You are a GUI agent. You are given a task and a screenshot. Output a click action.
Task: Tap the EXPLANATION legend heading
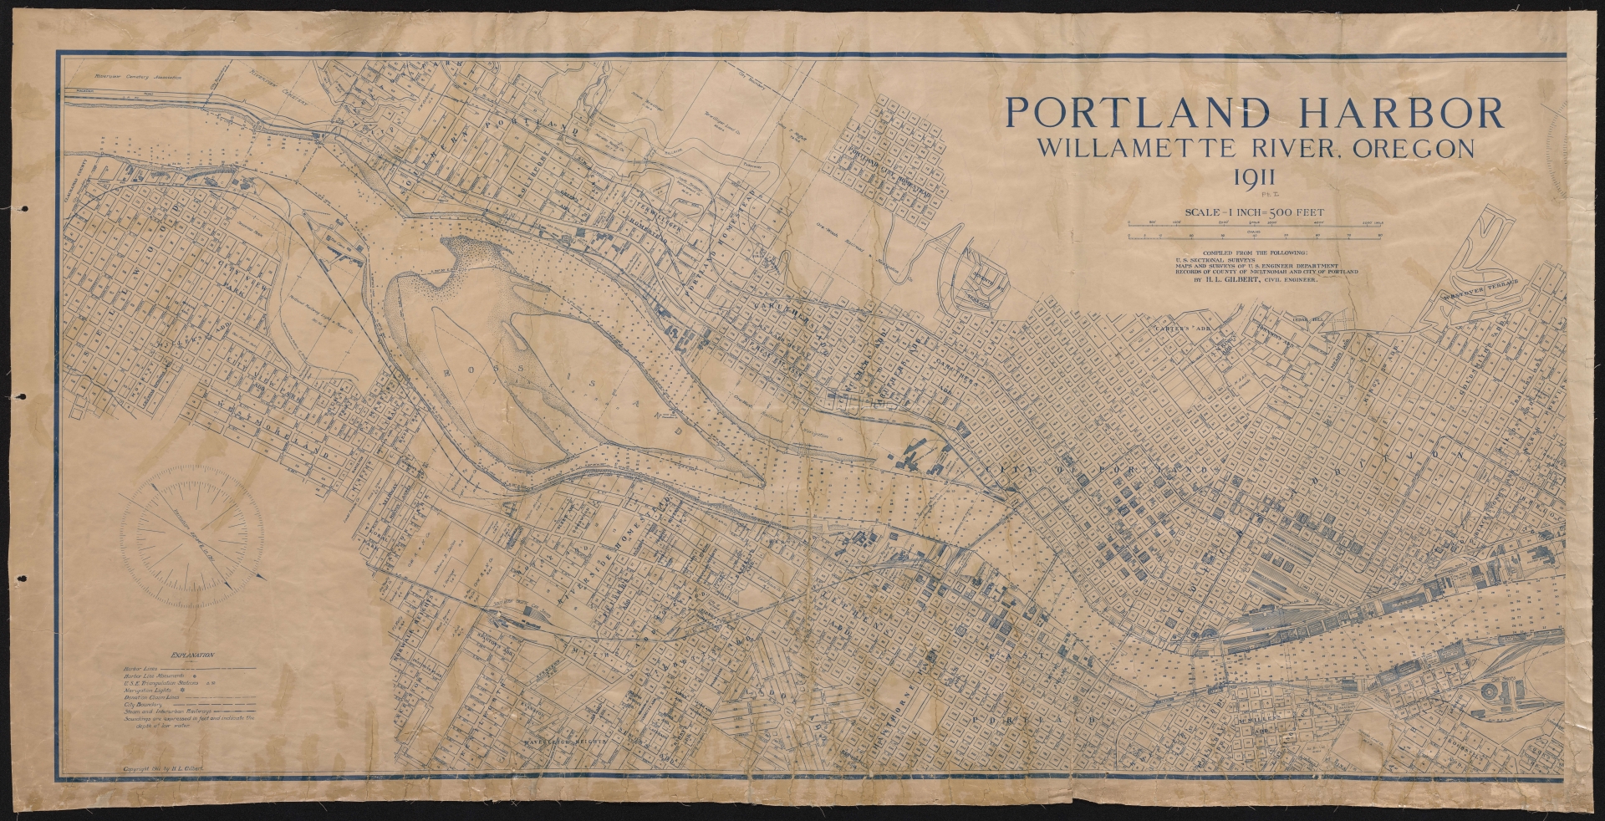click(191, 656)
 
